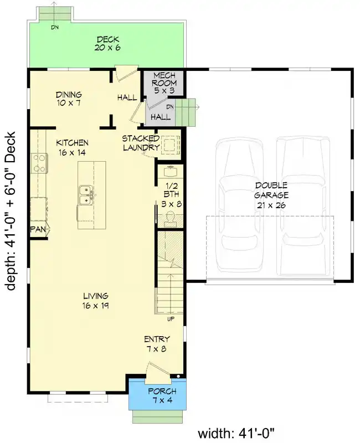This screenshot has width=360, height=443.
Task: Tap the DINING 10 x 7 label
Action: [x=69, y=99]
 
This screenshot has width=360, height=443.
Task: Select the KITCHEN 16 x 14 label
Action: [x=72, y=147]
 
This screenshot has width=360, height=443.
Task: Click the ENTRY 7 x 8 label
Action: [x=157, y=344]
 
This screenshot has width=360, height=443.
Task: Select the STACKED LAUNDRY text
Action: [x=141, y=143]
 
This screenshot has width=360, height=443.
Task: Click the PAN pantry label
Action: [x=38, y=228]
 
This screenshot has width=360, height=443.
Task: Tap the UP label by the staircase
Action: [x=171, y=319]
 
